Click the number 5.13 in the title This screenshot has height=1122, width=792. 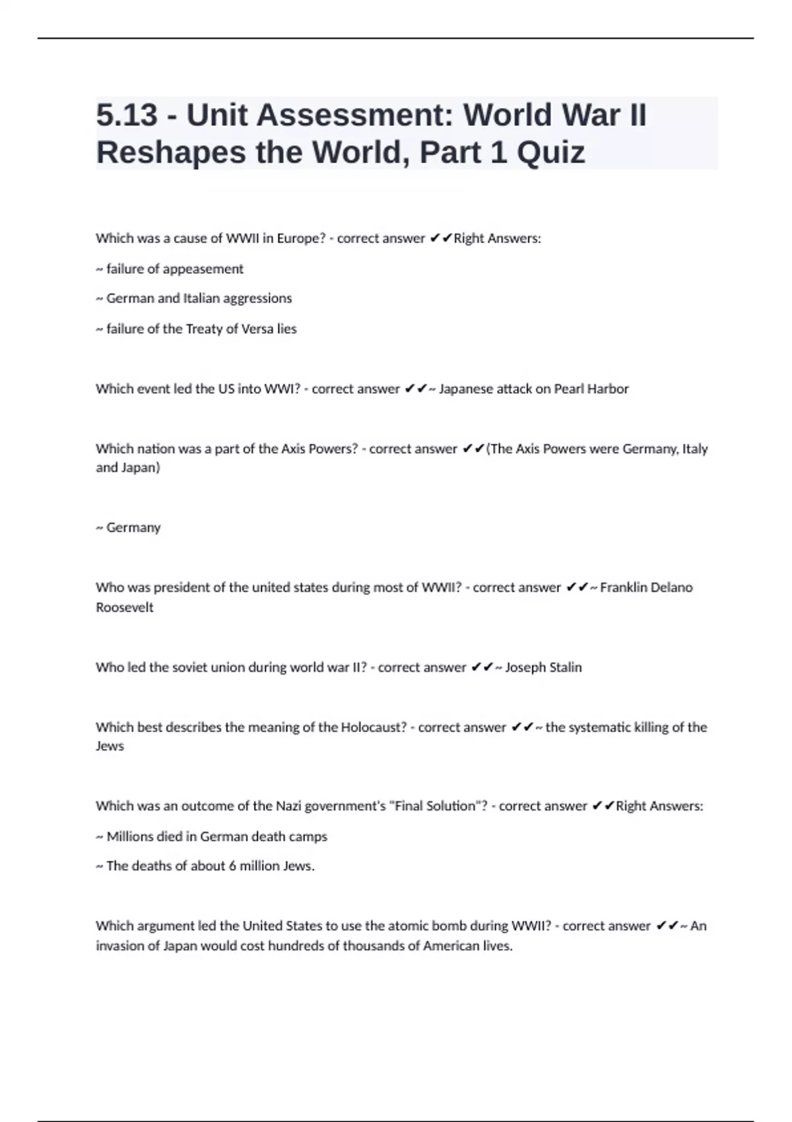click(127, 115)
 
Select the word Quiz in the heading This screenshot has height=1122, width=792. click(550, 152)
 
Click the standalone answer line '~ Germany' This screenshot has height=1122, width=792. click(129, 527)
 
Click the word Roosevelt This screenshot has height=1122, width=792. click(125, 607)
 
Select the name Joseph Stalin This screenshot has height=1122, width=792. click(543, 667)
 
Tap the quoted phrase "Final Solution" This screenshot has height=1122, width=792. click(437, 806)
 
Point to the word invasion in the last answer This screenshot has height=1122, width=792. click(119, 946)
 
